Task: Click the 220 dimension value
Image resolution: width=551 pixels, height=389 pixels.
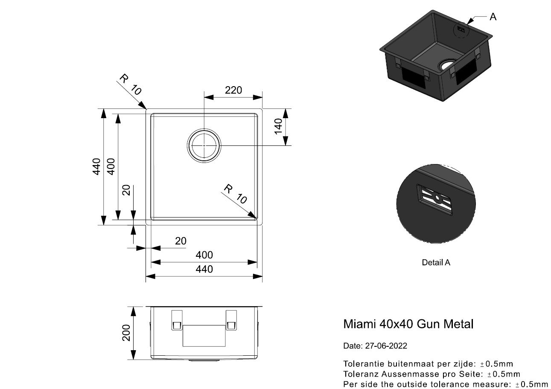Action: pos(233,90)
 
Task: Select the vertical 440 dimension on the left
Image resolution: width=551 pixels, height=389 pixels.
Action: pos(96,166)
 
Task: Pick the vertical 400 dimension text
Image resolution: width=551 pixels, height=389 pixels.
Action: pos(111,166)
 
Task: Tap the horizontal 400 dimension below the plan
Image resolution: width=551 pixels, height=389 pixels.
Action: pos(204,255)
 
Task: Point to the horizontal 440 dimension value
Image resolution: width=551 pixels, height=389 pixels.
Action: pos(204,270)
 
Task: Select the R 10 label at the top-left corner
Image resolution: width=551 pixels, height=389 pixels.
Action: pos(130,84)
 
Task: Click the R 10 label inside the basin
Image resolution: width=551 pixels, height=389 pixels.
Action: pos(236,194)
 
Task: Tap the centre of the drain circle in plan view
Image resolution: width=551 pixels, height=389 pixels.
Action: pos(204,145)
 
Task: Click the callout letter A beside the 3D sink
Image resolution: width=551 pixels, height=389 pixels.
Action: pos(493,17)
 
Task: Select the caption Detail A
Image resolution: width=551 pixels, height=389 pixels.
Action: pos(436,263)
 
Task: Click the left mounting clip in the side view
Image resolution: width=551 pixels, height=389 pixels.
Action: pos(177,320)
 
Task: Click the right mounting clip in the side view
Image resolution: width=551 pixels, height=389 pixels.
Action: pos(231,320)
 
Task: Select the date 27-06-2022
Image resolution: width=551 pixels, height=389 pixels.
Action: pos(386,346)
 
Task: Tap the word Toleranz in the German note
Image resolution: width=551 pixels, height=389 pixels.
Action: pos(359,374)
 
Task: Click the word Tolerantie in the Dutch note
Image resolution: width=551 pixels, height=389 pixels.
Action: pos(361,364)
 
